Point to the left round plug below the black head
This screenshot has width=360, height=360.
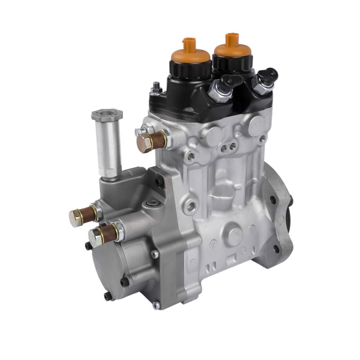tap(214, 136)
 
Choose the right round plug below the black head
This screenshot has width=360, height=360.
tap(257, 125)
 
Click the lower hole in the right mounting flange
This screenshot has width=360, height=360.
tap(277, 248)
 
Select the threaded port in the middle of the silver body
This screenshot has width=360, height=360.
tap(191, 207)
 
